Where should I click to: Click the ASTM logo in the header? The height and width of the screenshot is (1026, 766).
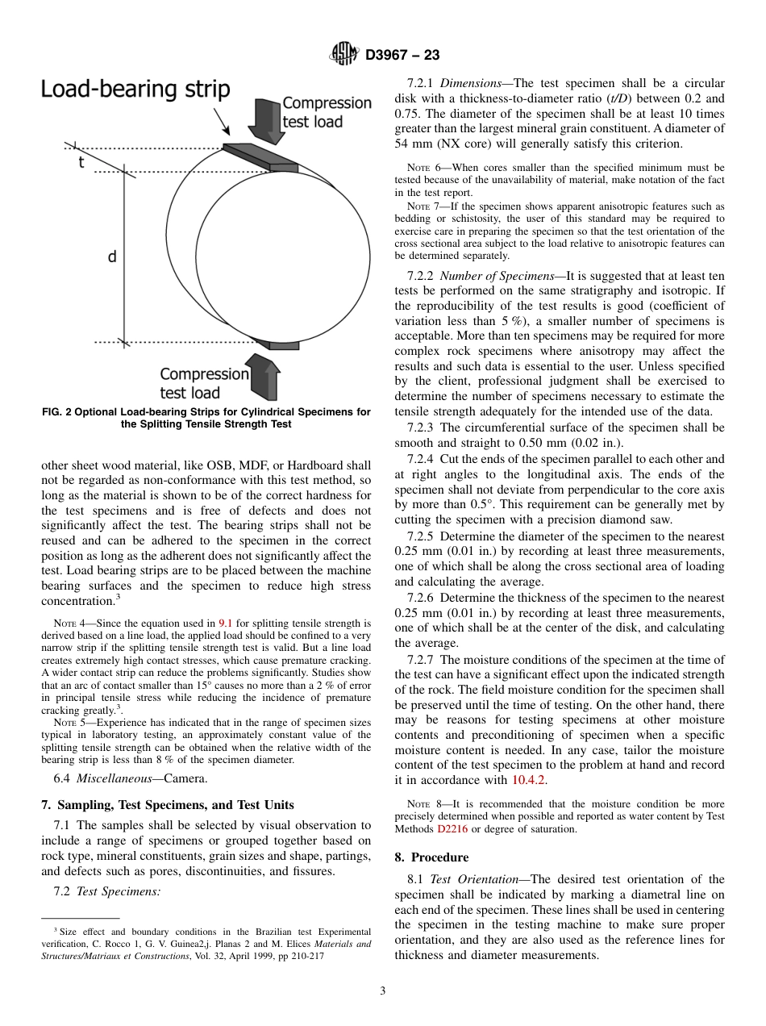pyautogui.click(x=344, y=54)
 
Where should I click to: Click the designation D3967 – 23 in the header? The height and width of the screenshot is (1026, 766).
pyautogui.click(x=402, y=55)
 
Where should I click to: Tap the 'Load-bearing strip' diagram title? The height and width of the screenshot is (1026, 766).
pyautogui.click(x=135, y=89)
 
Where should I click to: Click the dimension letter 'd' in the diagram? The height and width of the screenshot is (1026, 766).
pyautogui.click(x=112, y=256)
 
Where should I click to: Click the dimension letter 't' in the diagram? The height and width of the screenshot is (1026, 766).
pyautogui.click(x=81, y=161)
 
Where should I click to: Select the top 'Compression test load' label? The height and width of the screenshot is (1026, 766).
pyautogui.click(x=326, y=113)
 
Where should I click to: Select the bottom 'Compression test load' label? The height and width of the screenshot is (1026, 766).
pyautogui.click(x=204, y=383)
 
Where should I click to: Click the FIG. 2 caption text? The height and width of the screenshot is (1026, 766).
pyautogui.click(x=206, y=418)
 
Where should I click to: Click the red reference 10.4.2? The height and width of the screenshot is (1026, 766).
pyautogui.click(x=531, y=780)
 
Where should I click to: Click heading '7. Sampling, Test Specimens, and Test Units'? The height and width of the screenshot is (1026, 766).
pyautogui.click(x=167, y=805)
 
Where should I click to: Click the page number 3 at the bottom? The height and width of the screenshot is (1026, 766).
pyautogui.click(x=383, y=991)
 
